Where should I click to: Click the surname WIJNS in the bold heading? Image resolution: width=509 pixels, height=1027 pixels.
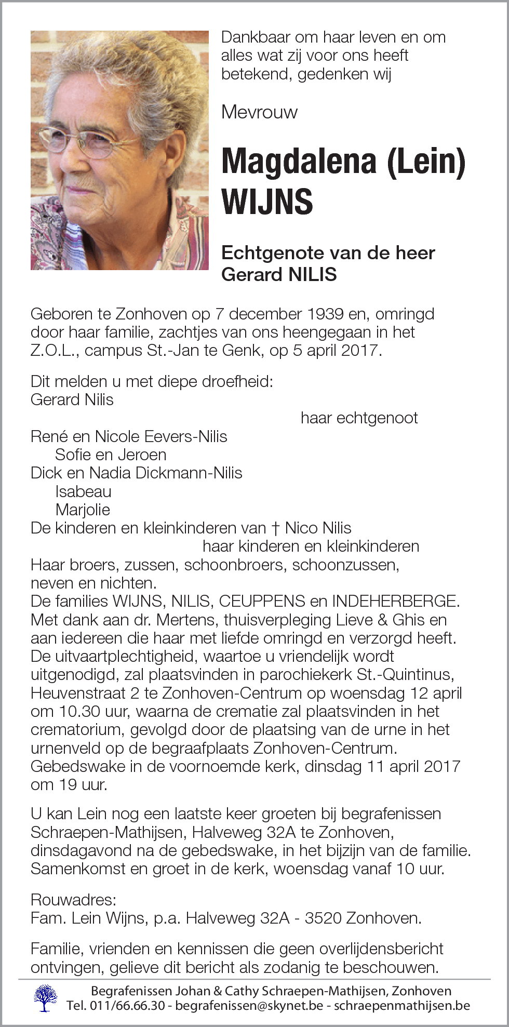pos(267,202)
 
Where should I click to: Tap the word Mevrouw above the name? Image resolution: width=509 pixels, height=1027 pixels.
pos(259,112)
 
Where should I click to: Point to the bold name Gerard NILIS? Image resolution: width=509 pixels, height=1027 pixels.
pos(279,274)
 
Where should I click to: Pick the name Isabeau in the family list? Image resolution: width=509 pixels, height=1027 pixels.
pos(83,491)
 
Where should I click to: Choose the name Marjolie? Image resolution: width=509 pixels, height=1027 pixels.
pos(83,510)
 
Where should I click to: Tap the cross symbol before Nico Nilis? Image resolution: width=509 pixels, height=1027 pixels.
pos(275,528)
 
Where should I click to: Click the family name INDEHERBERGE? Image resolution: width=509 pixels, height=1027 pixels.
pos(396,601)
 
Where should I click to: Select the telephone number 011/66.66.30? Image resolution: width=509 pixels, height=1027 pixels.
pos(128,1006)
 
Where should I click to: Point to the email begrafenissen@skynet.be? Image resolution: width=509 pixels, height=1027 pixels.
pos(249,1006)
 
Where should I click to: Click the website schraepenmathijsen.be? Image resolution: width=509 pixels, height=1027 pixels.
pos(401,1006)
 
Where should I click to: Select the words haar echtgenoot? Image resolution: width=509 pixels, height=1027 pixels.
pos(359,418)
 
